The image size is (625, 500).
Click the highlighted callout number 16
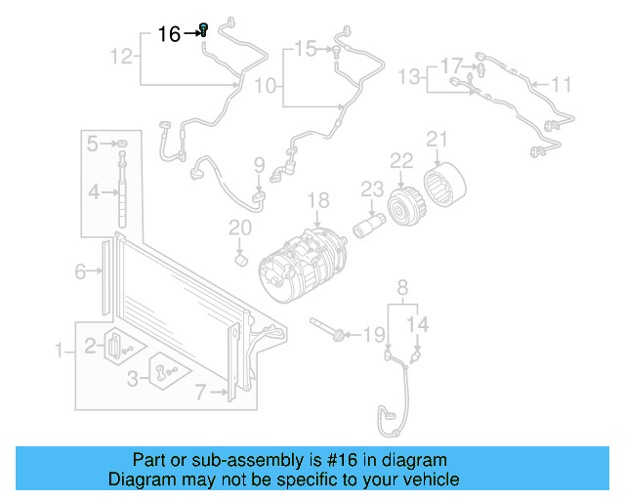point(169,34)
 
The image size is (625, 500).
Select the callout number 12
point(121,57)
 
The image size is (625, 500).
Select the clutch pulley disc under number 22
point(401,205)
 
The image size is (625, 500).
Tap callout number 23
point(372,188)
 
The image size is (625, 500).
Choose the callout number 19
point(374,335)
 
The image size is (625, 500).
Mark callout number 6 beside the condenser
point(80,272)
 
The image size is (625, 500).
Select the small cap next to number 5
point(122,145)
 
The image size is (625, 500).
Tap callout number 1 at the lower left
point(59,349)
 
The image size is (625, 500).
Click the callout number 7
point(200,393)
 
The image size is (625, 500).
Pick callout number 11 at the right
point(561,85)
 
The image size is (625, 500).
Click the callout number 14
point(417,323)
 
